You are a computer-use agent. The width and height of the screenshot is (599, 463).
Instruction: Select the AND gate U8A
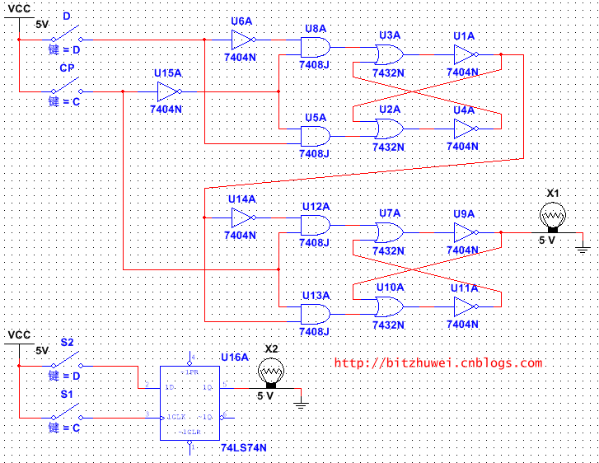316,47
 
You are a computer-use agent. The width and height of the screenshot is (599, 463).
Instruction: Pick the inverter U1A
465,55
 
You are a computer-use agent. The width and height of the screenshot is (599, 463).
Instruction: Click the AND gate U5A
316,136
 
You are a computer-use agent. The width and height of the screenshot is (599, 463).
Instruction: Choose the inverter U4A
465,129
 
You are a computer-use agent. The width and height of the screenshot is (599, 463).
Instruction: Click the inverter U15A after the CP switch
168,91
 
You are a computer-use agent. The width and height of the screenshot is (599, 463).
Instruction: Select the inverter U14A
242,217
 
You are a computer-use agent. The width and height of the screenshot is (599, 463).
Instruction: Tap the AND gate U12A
316,225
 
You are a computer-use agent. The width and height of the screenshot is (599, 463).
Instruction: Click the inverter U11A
465,306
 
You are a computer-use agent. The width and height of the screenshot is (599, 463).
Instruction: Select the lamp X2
269,374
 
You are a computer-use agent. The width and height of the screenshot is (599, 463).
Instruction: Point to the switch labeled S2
66,362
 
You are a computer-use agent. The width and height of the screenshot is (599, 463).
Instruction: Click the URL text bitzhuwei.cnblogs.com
438,362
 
